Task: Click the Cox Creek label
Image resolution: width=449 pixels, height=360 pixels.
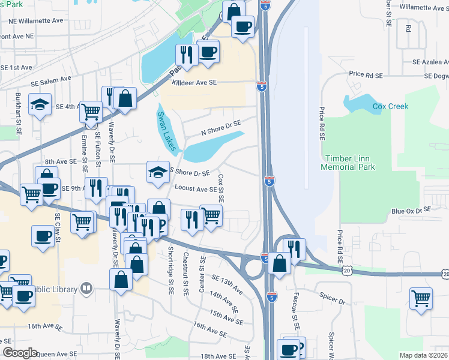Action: (x=390, y=106)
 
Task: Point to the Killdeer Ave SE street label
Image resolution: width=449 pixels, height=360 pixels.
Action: (x=194, y=83)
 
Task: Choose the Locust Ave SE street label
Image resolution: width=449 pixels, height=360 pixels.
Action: (x=196, y=188)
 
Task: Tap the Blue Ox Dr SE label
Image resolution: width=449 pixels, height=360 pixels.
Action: (x=411, y=211)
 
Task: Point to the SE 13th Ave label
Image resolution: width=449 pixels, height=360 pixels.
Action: (x=226, y=284)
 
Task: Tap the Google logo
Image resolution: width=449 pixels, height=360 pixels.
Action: (x=20, y=353)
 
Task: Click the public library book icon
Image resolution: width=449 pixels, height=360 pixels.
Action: (x=87, y=289)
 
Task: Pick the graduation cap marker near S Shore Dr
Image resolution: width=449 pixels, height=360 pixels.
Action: (x=157, y=172)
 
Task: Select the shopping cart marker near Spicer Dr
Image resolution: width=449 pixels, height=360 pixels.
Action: (x=421, y=298)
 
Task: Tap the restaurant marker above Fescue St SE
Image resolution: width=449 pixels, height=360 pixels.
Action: (x=294, y=247)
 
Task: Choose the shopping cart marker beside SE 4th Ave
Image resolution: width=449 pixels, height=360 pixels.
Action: (x=90, y=110)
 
